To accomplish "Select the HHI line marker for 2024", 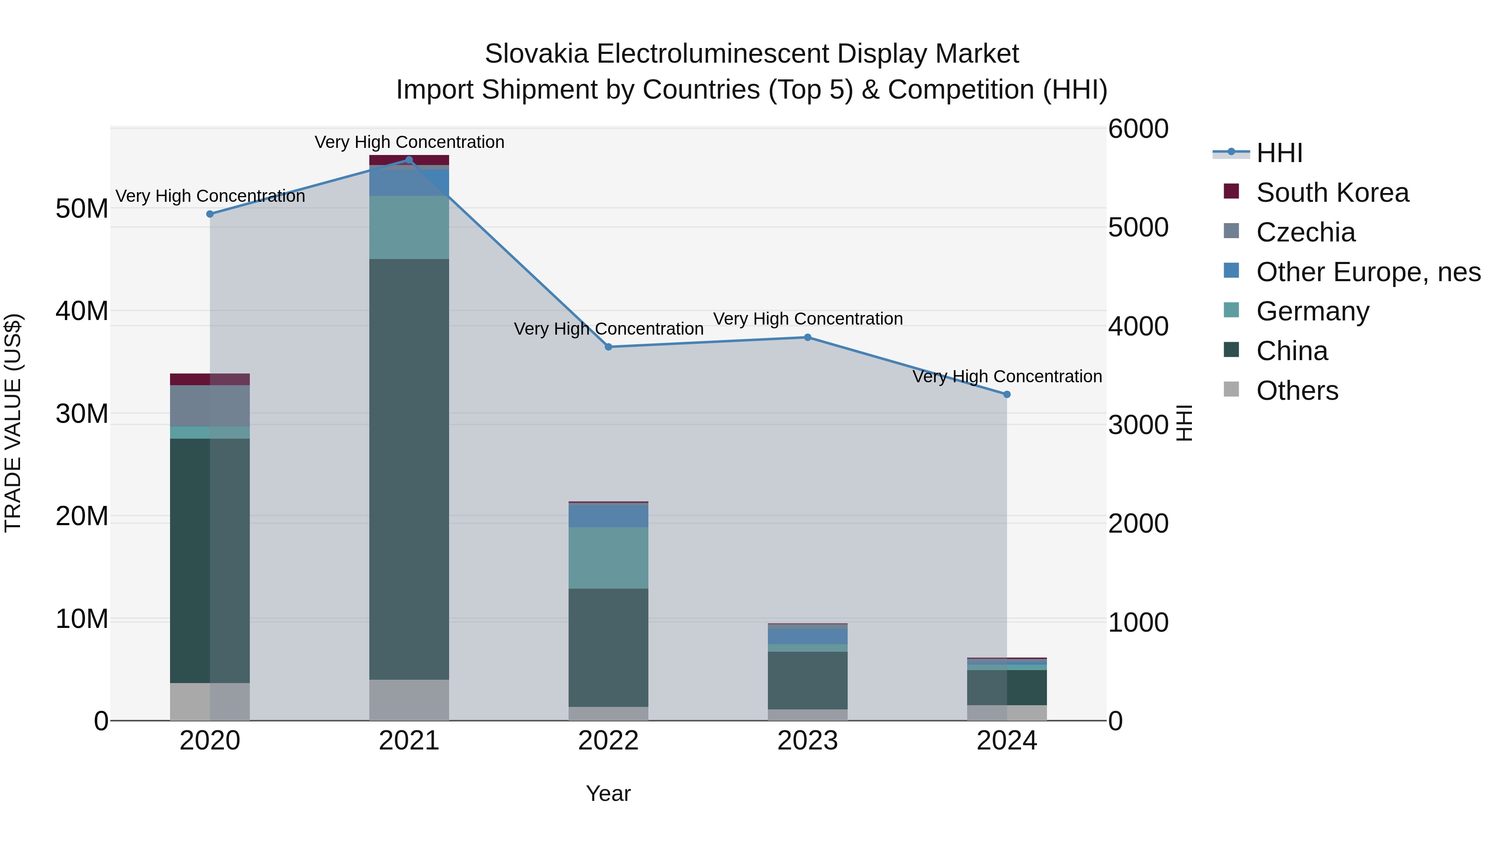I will (x=1006, y=395).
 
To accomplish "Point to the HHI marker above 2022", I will (x=608, y=347).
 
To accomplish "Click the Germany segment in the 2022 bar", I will (x=608, y=558).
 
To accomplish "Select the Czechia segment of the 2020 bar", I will (x=210, y=406).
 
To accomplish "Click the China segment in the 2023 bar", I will (x=808, y=680).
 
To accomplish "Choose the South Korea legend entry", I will (x=1332, y=193).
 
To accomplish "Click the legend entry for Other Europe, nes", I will (x=1368, y=272).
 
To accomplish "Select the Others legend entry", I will (x=1297, y=391).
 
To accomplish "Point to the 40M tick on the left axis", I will (x=82, y=310).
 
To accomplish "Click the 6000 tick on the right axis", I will (x=1138, y=129).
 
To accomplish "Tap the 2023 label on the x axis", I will (x=808, y=741).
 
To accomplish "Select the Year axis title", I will (x=608, y=793).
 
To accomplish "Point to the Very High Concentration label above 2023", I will (x=808, y=319).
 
